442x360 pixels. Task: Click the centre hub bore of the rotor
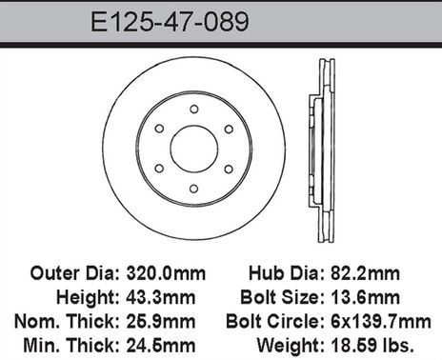tap(193, 149)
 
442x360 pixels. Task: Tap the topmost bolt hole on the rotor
tap(193, 109)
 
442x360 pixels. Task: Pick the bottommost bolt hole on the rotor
tap(193, 189)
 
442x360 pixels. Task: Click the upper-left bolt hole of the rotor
tap(159, 129)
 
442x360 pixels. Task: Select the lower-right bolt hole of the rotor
tap(228, 169)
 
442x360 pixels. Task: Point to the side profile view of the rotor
tap(323, 149)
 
